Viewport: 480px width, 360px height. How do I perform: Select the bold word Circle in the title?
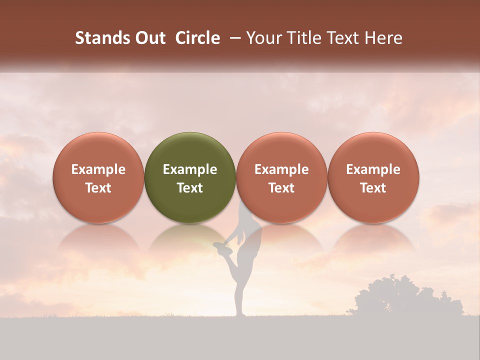pos(197,38)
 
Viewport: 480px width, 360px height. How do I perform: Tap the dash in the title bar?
pos(233,38)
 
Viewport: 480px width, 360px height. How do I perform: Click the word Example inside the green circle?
pos(190,169)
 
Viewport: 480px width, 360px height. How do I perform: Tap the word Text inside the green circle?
pos(190,188)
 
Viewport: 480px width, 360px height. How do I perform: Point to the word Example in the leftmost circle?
pos(98,169)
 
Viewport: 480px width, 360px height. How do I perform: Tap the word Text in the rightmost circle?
pos(373,188)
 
